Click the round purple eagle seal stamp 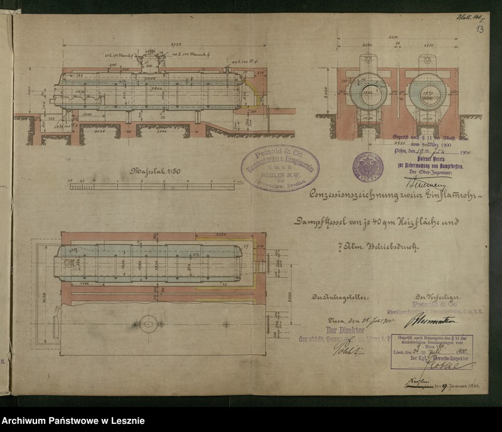point(368,167)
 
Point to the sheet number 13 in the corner point(479,29)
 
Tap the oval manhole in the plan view point(149,324)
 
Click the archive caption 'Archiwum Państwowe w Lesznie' point(73,421)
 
